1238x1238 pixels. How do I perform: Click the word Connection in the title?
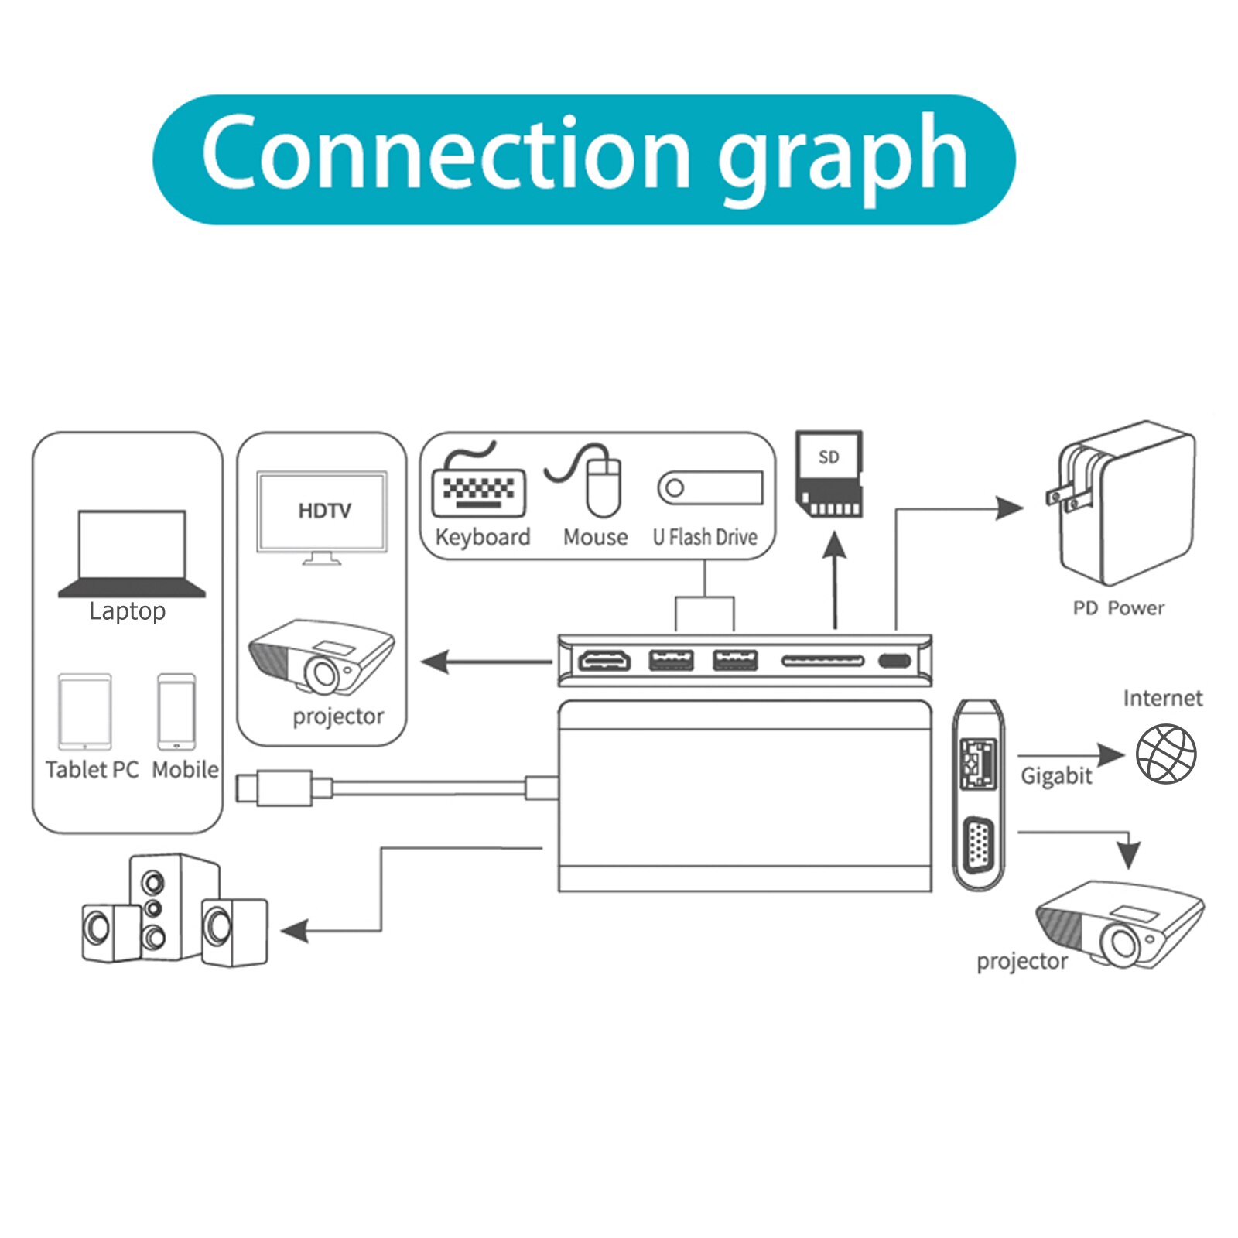445,152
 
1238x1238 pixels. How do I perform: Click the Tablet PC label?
91,770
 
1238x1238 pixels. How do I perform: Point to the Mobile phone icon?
176,712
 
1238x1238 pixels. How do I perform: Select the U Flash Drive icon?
710,487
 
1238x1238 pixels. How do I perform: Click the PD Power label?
1118,608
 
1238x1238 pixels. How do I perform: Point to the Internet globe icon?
1166,754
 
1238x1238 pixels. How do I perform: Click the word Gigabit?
1055,776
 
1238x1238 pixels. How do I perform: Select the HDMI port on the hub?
604,662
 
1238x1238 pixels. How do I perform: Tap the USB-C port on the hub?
894,662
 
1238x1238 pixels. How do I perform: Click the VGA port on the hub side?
978,852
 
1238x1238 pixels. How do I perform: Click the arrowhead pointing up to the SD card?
834,545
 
